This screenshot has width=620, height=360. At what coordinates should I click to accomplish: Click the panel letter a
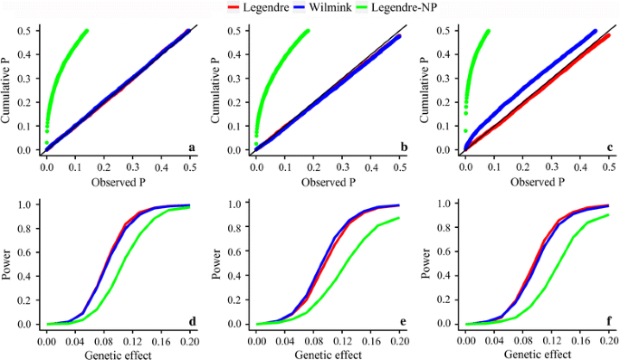tap(191, 147)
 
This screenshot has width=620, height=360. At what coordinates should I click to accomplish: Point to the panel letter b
tap(400, 147)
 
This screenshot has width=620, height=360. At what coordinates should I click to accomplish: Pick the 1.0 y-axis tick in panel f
tap(444, 204)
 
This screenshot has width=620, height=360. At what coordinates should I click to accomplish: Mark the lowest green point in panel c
tap(465, 131)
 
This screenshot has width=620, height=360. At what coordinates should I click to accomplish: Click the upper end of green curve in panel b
tap(307, 31)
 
